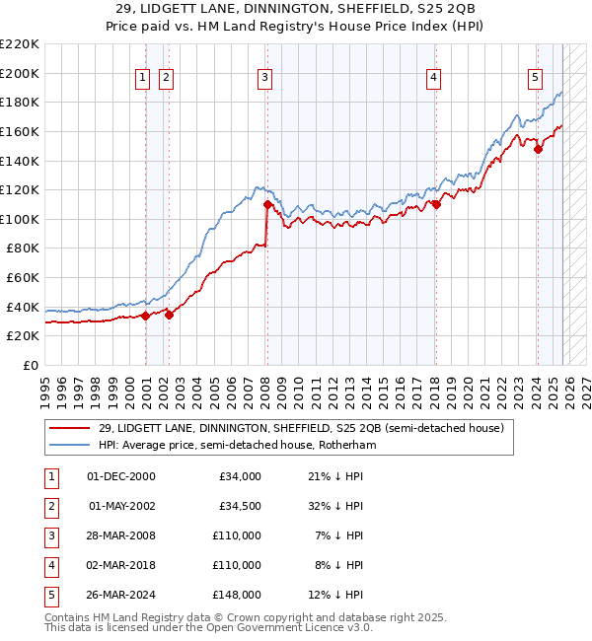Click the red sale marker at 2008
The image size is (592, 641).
tap(267, 205)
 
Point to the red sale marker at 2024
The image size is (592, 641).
tap(539, 149)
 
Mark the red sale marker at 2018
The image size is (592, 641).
tap(436, 205)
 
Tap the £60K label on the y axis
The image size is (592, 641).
tap(23, 278)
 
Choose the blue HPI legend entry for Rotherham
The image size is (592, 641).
tap(237, 445)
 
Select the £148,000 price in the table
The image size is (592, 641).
tap(237, 595)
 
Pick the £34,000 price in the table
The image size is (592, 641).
tap(240, 476)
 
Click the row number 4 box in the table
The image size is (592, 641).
tap(49, 565)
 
